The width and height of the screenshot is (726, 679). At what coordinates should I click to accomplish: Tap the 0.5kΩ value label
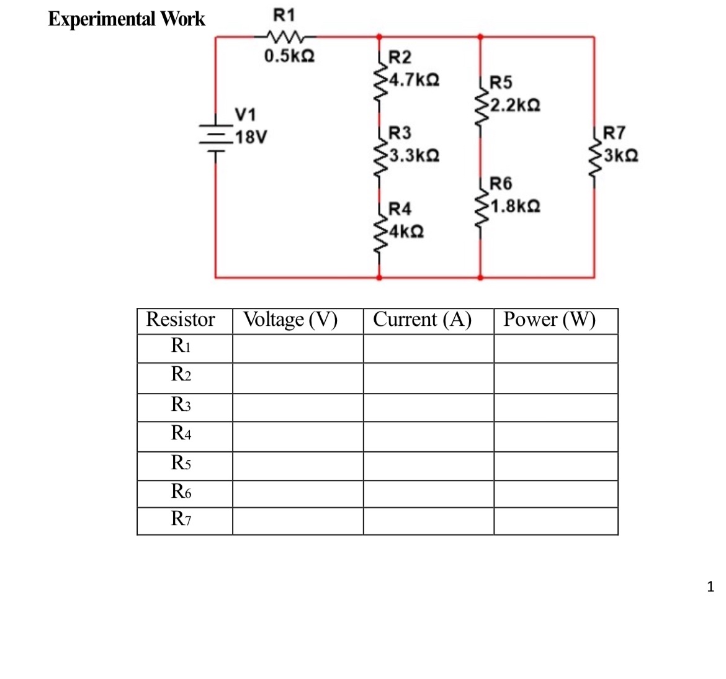[289, 56]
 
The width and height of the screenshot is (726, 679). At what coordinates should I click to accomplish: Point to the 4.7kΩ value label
[414, 80]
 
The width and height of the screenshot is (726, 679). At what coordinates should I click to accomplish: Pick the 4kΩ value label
[406, 232]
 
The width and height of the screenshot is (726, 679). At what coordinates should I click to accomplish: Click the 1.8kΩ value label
[514, 205]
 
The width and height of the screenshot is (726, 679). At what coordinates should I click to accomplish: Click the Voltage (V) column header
[290, 320]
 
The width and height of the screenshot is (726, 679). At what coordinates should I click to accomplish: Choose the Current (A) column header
[422, 320]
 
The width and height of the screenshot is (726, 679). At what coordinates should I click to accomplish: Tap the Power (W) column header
[549, 320]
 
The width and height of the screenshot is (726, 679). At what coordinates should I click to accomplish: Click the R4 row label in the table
[181, 433]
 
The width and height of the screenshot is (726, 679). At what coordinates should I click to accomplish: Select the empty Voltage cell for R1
[298, 348]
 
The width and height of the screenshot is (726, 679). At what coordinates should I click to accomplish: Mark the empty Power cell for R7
[555, 521]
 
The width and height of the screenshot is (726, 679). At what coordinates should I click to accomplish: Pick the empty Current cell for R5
[428, 465]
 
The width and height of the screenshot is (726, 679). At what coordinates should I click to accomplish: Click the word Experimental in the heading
[102, 19]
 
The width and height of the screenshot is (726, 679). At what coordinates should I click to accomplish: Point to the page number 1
[710, 587]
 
